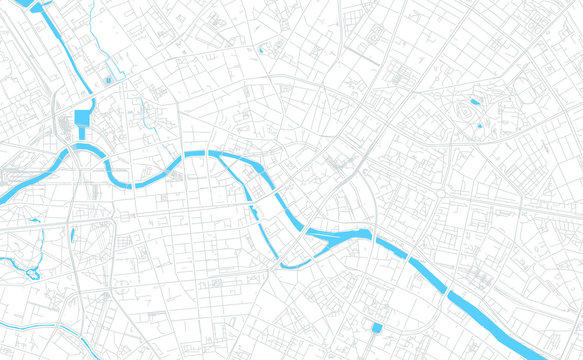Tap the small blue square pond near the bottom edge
(x=377, y=327)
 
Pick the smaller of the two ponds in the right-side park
(x=480, y=126)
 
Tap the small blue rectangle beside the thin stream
(x=108, y=79)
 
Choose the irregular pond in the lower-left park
(x=32, y=272)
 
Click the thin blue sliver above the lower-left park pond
(x=72, y=234)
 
